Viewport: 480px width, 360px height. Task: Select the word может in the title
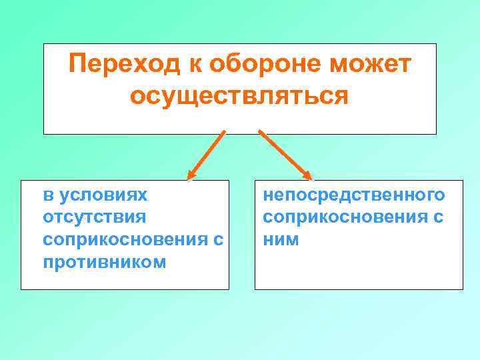(x=375, y=65)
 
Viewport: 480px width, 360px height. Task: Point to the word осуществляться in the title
(x=239, y=96)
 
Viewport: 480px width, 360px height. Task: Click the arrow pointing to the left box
(x=206, y=155)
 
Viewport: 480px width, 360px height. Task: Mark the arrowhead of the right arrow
(x=308, y=176)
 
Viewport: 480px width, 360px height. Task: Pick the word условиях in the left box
(x=103, y=196)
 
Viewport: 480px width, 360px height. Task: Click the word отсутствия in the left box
(x=93, y=217)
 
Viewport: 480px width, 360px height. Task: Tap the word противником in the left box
(x=104, y=261)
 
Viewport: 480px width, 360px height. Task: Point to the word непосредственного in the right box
(x=354, y=196)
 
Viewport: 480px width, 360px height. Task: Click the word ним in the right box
(x=281, y=239)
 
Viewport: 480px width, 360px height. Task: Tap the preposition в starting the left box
(x=47, y=196)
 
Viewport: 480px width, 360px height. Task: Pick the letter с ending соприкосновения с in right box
(x=439, y=217)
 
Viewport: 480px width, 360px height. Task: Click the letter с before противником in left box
(x=219, y=239)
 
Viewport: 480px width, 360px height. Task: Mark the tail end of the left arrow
(x=223, y=132)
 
